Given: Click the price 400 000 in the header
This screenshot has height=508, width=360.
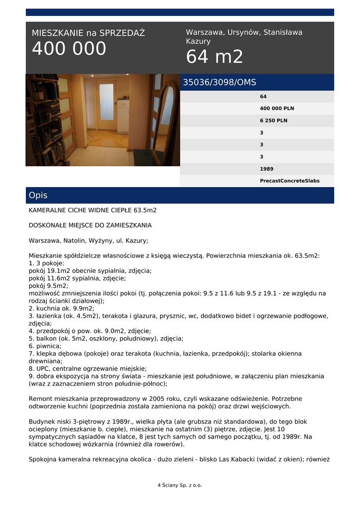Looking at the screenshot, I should click(69, 49).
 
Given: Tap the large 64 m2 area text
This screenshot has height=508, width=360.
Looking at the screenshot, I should click(215, 57).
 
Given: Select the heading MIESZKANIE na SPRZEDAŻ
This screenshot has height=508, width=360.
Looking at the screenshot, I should click(88, 33).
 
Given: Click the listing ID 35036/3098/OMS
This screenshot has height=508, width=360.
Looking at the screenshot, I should click(219, 82).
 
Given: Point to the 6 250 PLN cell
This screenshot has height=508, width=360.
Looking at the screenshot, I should click(274, 121).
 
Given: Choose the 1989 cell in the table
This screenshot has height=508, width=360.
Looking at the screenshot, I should click(267, 169).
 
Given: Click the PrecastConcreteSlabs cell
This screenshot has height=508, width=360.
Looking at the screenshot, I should click(289, 181).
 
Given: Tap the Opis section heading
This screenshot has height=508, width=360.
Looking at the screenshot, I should click(38, 195).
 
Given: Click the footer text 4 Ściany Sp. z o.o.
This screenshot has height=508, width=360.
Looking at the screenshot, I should click(180, 485).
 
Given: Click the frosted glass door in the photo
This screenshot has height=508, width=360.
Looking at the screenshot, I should click(106, 102).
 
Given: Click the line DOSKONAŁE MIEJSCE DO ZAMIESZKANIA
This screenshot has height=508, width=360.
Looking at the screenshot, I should click(90, 225).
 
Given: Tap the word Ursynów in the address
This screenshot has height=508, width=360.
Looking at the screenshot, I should click(244, 32).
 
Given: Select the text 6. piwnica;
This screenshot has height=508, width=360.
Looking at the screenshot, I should click(45, 346).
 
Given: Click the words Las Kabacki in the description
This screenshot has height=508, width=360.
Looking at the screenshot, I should click(236, 459).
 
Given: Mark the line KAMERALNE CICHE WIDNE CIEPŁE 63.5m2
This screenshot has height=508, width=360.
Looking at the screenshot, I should click(92, 210).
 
